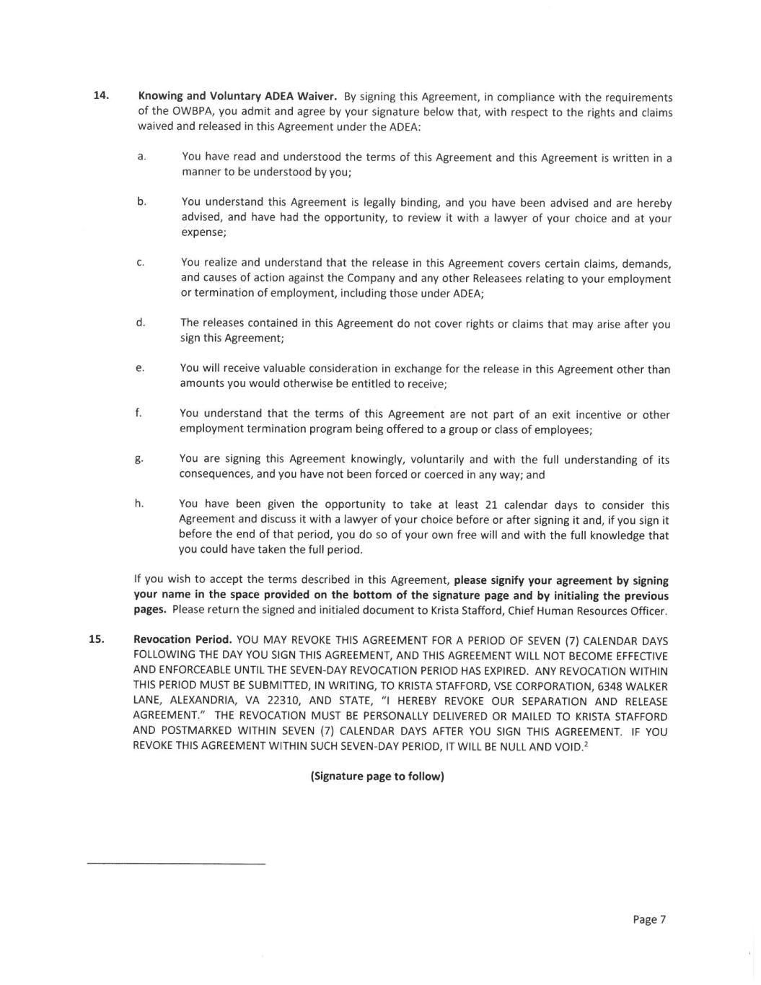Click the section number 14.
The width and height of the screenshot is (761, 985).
click(x=101, y=95)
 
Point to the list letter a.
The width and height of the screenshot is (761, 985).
click(x=141, y=157)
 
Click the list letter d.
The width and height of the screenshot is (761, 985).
click(x=141, y=322)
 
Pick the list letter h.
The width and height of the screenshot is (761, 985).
click(x=139, y=504)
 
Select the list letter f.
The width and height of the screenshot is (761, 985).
click(x=138, y=413)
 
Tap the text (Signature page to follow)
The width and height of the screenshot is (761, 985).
click(x=377, y=776)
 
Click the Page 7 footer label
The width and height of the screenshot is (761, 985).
click(x=648, y=919)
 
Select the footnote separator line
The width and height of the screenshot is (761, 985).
click(x=176, y=863)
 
